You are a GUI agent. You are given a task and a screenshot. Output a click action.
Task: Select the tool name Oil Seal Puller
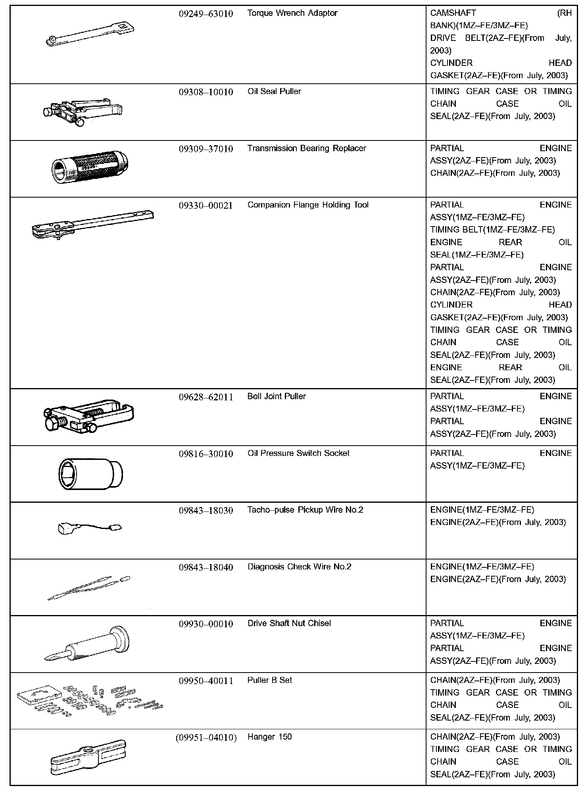(274, 92)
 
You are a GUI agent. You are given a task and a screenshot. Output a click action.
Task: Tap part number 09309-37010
(206, 149)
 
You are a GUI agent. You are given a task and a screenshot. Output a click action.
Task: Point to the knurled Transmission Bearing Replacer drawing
(90, 165)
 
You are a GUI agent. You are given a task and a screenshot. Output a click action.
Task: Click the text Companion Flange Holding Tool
(308, 205)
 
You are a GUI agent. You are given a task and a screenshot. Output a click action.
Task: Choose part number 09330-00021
(206, 206)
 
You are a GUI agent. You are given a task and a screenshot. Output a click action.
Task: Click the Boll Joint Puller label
(277, 396)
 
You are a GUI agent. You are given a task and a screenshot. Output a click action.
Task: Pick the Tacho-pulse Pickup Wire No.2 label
(305, 510)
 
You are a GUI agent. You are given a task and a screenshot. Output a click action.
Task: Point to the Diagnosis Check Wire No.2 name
(299, 567)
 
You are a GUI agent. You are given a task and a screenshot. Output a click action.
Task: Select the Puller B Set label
(269, 681)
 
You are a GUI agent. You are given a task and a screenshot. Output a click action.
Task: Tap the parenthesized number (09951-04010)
(206, 737)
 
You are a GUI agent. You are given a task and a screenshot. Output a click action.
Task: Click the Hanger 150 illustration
(88, 758)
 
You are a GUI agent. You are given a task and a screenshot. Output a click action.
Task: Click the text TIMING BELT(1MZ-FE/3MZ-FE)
(492, 230)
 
